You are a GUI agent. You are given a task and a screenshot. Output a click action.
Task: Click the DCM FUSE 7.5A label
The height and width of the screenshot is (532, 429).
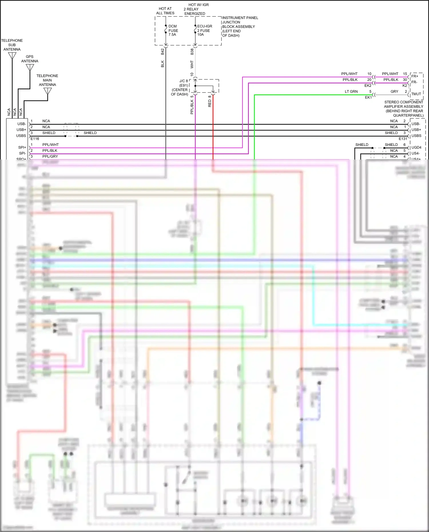coord(173,30)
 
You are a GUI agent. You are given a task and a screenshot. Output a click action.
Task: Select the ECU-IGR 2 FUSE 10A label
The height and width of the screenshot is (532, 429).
coord(204,30)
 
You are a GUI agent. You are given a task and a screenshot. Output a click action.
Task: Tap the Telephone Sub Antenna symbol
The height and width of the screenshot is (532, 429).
coord(12,55)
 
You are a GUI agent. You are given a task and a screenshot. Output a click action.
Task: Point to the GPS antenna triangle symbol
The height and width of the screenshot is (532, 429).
coord(30,67)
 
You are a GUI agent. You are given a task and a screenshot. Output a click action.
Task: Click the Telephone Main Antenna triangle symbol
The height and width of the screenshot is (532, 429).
coord(47,91)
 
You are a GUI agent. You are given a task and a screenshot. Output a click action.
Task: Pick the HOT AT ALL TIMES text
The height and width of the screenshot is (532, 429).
coord(165,11)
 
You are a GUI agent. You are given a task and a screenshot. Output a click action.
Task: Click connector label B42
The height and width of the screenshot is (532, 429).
coord(162,51)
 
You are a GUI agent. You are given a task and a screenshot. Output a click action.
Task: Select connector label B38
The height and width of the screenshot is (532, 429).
coord(192,51)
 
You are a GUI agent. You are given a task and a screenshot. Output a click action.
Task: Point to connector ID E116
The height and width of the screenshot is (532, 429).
coord(35,139)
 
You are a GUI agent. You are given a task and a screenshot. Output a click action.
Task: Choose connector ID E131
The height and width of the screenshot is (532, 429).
coord(403,139)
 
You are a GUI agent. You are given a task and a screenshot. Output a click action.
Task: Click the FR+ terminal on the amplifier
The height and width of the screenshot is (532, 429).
coord(415,76)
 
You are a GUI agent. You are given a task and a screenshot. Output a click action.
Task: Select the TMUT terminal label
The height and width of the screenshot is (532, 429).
coord(416,94)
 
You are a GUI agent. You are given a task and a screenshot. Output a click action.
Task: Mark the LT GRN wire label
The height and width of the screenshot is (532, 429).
coord(351,91)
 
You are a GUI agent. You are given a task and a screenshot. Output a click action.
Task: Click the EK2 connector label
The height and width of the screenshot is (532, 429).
coord(368,85)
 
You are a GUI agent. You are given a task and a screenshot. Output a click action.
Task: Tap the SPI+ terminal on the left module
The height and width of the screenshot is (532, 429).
coord(22,148)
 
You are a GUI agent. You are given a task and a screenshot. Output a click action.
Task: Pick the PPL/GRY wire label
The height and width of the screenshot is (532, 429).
coord(50,156)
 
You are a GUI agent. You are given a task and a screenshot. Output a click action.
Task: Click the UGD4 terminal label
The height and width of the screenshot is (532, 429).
coord(416,148)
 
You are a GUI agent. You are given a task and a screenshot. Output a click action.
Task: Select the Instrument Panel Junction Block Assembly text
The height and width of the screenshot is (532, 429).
coord(240,27)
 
